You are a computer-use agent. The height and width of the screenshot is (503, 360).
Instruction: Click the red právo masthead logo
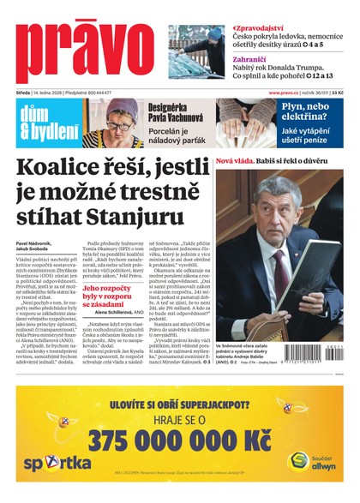(86, 51)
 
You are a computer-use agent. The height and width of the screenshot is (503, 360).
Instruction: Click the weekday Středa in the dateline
(25, 93)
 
